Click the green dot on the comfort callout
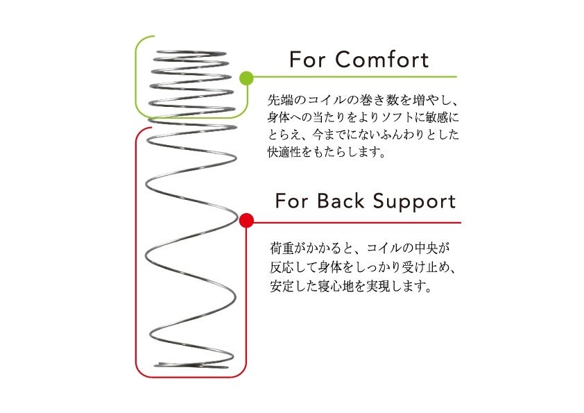246,77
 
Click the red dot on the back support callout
246,221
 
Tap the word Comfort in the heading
381,60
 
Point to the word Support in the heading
414,201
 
